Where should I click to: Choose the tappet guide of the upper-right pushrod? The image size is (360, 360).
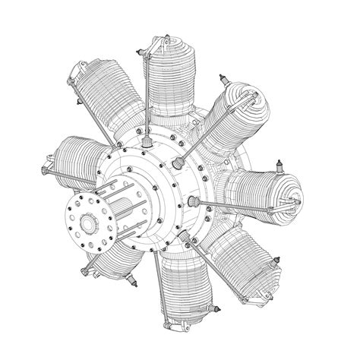click(179, 162)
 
